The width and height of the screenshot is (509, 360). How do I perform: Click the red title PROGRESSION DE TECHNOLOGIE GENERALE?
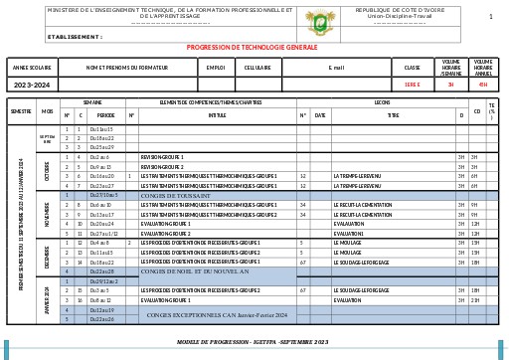point(253,48)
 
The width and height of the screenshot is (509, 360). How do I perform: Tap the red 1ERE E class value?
point(412,85)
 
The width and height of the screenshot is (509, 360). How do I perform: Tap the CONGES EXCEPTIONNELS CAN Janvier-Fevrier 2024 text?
point(216,314)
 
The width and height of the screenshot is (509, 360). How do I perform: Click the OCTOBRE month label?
point(47,171)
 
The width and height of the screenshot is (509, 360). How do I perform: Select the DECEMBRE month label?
point(47,257)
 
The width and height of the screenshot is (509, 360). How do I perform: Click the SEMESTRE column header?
point(21,111)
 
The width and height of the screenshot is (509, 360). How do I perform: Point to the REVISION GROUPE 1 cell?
point(162,157)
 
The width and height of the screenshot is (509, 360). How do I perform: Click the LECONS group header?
point(382,102)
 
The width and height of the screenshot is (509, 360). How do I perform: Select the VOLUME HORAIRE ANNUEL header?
point(483,68)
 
